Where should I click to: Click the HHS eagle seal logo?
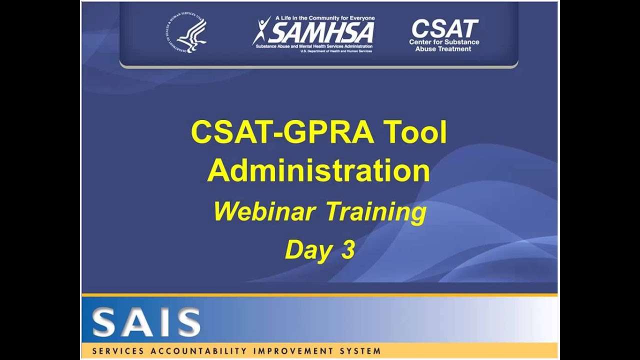tap(186, 34)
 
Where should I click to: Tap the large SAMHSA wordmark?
tap(322, 33)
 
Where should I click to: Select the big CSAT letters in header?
tap(444, 28)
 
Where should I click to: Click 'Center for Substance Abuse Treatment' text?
tap(444, 45)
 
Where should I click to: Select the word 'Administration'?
tap(318, 170)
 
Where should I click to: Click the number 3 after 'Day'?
tap(348, 250)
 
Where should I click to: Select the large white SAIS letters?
tap(146, 323)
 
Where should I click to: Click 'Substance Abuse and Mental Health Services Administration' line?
tap(314, 46)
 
